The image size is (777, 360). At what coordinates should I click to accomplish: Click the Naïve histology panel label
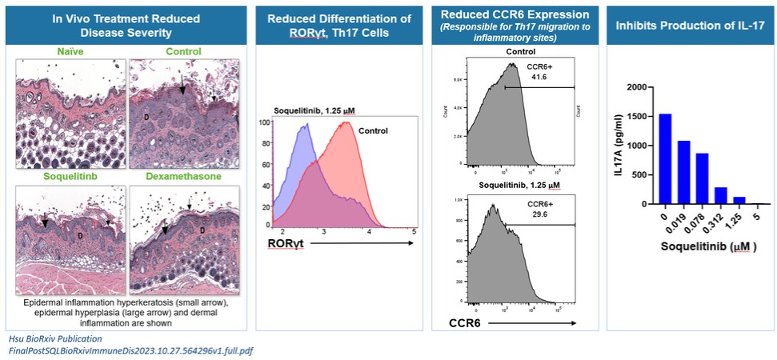pos(71,52)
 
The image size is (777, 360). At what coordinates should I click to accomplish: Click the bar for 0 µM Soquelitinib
pos(666,159)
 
